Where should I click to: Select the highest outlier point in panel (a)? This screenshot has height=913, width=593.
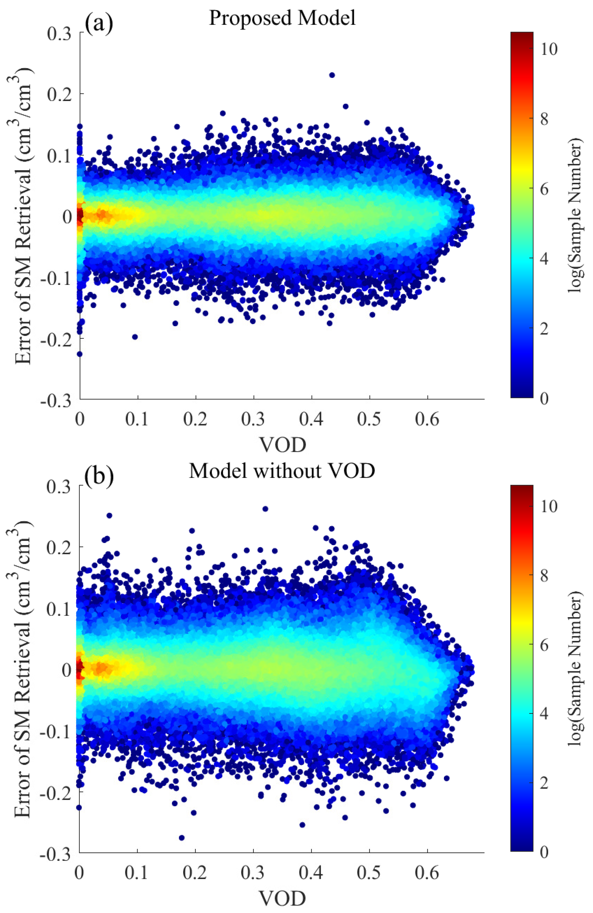tap(332, 75)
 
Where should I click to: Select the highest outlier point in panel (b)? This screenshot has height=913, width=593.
tap(265, 509)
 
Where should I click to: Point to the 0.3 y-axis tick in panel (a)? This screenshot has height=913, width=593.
tap(59, 33)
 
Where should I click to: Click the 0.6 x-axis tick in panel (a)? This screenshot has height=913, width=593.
tap(427, 419)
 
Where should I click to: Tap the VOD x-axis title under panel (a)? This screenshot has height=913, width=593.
tap(283, 445)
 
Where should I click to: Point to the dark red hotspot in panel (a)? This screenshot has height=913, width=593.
tap(80, 216)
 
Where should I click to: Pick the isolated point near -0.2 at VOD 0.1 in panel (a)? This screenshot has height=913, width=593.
tap(134, 337)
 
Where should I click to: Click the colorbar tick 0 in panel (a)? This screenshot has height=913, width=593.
tap(544, 399)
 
